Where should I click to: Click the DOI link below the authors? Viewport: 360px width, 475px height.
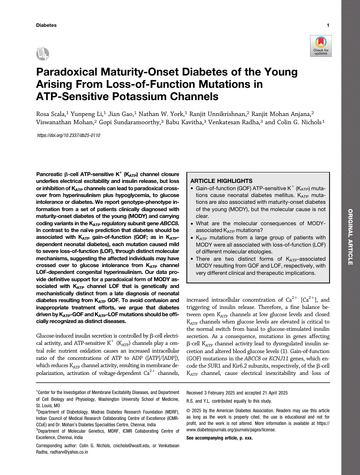click(68, 136)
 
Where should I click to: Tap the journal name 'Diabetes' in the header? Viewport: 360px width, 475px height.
click(46, 25)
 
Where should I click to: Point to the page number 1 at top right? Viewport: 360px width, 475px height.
click(328, 25)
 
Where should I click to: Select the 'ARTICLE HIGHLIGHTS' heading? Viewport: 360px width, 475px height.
click(222, 181)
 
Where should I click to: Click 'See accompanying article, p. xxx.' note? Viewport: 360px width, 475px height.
click(220, 438)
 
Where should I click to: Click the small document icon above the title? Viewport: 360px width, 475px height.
click(42, 54)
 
